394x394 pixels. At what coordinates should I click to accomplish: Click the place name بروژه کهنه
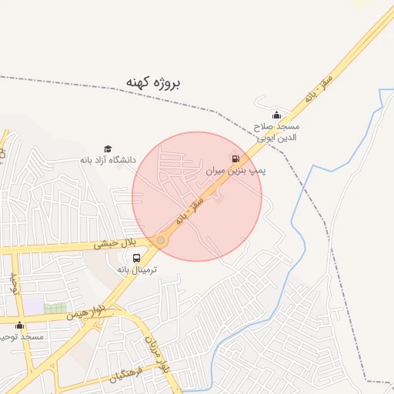(152, 80)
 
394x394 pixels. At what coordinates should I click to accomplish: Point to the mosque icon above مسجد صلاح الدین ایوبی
(277, 115)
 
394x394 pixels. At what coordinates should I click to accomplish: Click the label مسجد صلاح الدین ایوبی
(277, 132)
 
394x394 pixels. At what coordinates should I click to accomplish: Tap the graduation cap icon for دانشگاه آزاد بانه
(108, 149)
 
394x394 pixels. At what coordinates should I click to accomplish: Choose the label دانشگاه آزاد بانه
(107, 160)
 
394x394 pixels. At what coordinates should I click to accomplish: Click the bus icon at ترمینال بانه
(136, 259)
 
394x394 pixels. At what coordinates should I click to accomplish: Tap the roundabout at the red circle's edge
(160, 241)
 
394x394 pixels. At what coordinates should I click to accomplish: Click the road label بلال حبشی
(115, 244)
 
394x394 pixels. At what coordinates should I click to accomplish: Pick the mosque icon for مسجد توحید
(19, 326)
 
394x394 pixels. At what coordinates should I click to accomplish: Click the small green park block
(55, 308)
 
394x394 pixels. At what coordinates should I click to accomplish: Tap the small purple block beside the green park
(33, 306)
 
